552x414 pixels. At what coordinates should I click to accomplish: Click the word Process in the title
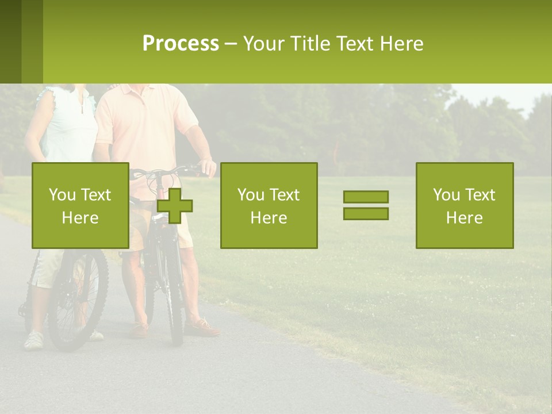181,44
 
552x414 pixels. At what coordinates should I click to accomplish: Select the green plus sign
175,206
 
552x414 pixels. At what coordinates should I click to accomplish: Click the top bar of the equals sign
366,197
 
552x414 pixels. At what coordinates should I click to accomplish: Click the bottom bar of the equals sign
366,214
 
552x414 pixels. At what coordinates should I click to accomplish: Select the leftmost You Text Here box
80,206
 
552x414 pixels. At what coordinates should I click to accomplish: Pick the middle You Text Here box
269,206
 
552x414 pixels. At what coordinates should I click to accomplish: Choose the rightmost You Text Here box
465,206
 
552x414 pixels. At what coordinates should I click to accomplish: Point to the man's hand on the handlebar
208,168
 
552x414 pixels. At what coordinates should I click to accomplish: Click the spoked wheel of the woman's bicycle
77,299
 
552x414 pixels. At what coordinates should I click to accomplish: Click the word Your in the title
265,44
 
